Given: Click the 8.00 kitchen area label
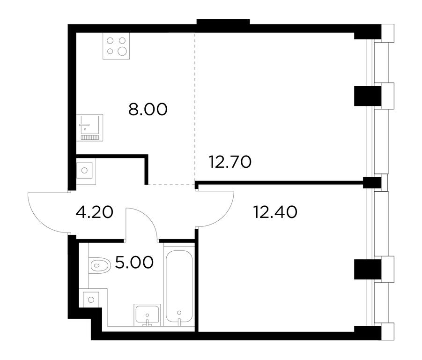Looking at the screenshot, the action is [x=148, y=110].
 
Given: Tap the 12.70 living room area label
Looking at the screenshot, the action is [x=230, y=162].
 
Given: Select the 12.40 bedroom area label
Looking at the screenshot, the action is [x=275, y=212].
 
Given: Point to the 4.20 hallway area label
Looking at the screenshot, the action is [x=95, y=212].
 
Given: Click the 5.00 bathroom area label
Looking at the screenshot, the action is [x=134, y=262].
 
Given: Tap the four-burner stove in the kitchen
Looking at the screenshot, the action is [x=116, y=46].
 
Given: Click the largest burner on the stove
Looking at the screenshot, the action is [x=122, y=51].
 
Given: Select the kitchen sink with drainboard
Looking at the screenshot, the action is [x=89, y=127].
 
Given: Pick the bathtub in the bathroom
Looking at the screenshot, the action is [x=179, y=286].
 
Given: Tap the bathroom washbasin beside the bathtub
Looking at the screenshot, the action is [x=147, y=315].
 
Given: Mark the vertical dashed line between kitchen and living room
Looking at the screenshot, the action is [x=195, y=108].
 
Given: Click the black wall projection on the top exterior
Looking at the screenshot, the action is [x=223, y=22].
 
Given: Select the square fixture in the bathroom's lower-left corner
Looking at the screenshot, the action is [x=91, y=299].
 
